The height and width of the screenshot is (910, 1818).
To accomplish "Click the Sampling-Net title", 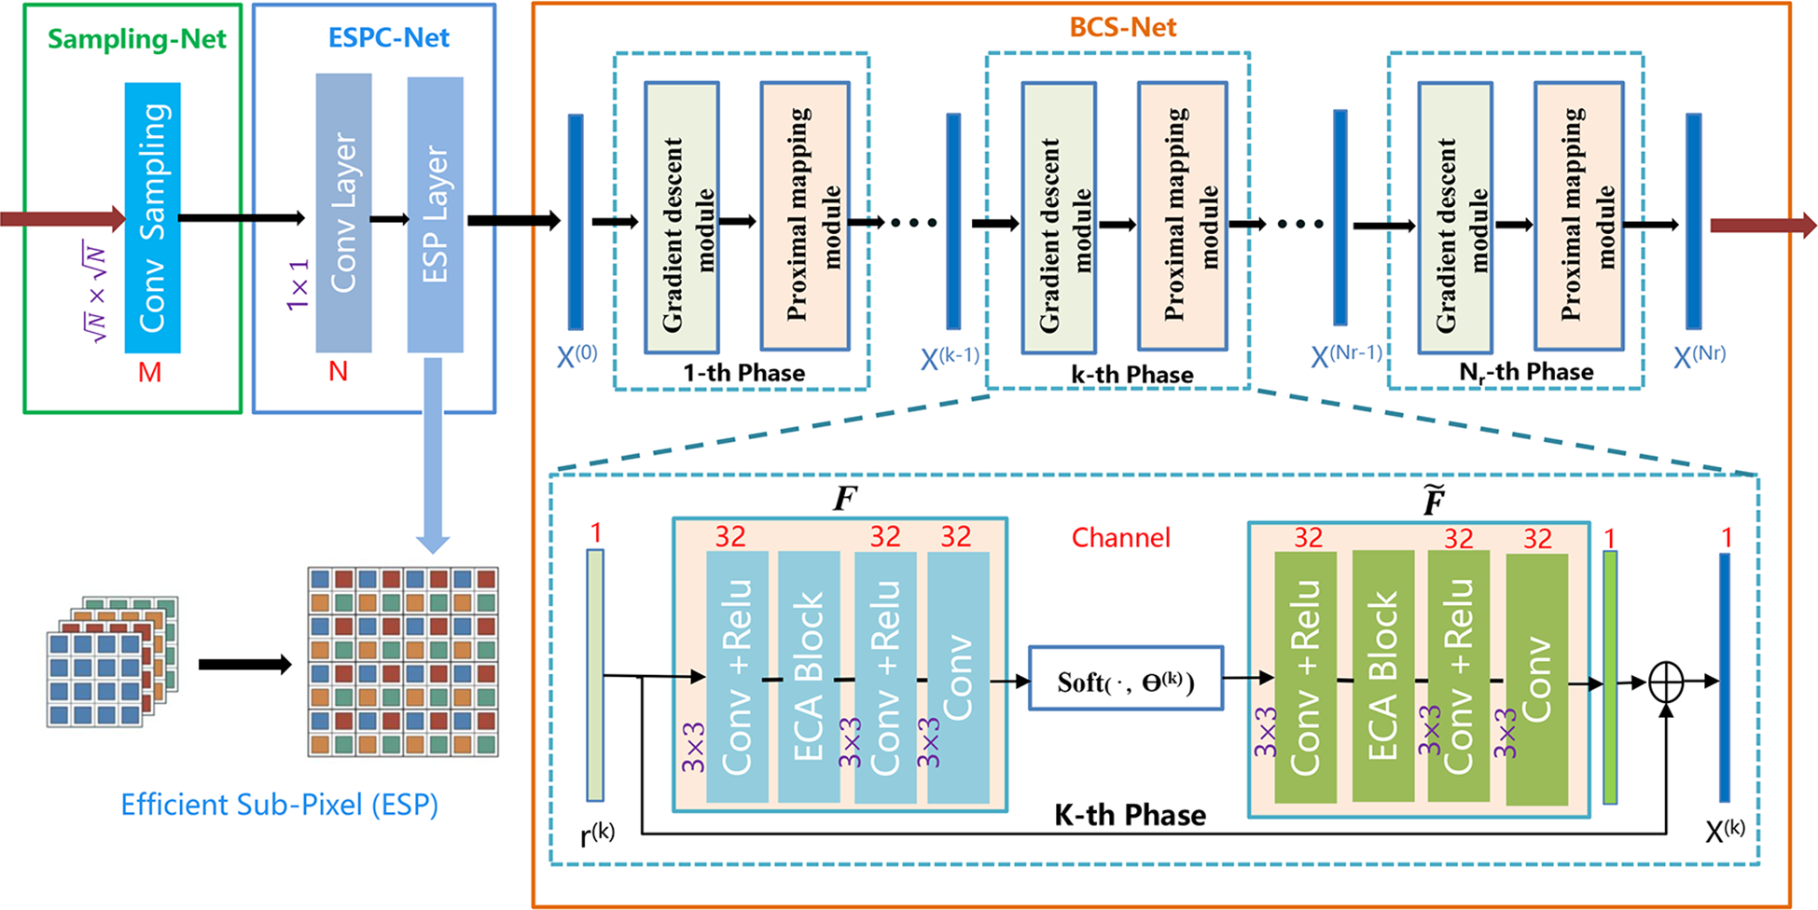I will [136, 39].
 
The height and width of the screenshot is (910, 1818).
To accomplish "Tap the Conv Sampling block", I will [152, 217].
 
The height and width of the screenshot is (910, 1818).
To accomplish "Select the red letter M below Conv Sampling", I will [149, 373].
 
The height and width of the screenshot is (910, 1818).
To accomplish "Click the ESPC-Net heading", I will [388, 38].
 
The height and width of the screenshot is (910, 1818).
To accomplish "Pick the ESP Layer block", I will [435, 214].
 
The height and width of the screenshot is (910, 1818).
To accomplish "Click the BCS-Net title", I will [1122, 27].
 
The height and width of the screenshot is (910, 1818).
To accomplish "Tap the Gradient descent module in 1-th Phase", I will [682, 217].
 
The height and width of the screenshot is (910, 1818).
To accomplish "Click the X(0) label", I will [576, 356].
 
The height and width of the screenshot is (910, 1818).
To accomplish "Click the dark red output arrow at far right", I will [1762, 225].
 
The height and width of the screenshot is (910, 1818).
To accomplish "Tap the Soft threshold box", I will [1125, 679].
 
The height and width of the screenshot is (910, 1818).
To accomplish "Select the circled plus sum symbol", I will [1666, 682].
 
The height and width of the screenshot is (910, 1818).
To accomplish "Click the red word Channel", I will [1120, 538].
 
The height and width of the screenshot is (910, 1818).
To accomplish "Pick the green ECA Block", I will [1382, 676].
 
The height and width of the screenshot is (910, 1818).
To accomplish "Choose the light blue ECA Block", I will [809, 676].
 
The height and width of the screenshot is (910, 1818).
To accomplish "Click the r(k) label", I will [597, 833].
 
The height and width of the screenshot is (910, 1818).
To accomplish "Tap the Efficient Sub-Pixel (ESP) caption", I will [279, 805].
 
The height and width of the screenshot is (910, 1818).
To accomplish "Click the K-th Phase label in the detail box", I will [1130, 816].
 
